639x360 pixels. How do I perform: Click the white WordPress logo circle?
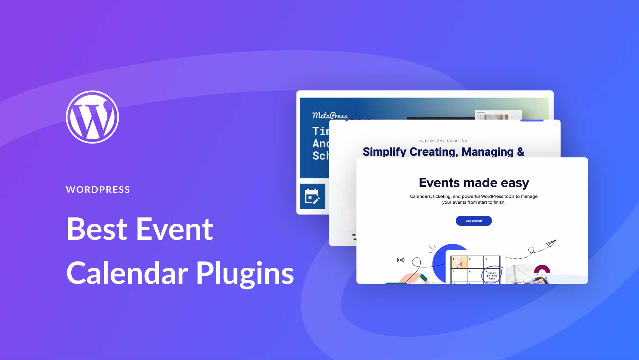coord(92,117)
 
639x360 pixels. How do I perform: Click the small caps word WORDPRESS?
coord(98,190)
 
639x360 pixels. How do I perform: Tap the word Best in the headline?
coord(97,229)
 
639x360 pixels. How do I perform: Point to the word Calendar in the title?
coord(127,273)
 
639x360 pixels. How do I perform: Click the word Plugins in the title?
coord(245,273)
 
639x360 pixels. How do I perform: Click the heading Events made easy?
coord(474,183)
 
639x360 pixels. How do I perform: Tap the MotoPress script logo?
coord(329,115)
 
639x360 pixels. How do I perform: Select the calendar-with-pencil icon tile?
coord(312,196)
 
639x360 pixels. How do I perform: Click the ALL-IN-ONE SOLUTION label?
coord(443,141)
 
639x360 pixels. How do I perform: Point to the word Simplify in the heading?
coord(384,152)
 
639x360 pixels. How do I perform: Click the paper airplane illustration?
coord(551,243)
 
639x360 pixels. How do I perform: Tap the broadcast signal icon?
coord(401,260)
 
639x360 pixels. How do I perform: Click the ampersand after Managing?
coord(521,152)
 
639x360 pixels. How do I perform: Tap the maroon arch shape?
coord(542,270)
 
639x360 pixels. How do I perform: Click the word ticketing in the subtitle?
coord(442,196)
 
